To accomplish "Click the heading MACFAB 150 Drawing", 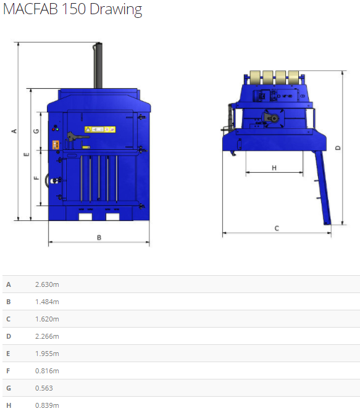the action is (72, 9).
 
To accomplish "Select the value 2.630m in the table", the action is (47, 284).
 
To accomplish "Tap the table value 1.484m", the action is (47, 302).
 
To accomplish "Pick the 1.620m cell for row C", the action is (47, 319).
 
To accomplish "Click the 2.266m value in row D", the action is (47, 336).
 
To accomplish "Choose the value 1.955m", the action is (47, 354).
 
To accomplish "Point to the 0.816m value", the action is (47, 371).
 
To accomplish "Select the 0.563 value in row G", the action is (44, 388).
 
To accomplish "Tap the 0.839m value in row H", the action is (47, 405).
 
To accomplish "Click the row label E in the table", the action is (8, 354).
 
